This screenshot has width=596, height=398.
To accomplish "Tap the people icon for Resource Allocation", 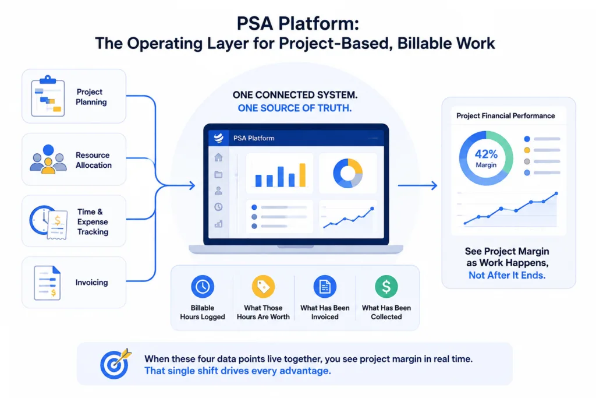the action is point(48,160).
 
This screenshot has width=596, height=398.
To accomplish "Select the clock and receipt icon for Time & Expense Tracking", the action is point(49,223).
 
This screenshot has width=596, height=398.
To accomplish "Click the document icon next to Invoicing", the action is point(47,283).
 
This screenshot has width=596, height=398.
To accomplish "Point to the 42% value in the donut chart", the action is point(486,154).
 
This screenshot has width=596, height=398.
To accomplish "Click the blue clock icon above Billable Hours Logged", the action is point(202,287).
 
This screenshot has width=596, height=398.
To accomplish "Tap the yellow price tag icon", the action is point(263,287).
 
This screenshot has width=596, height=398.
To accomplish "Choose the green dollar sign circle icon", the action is point(386,287).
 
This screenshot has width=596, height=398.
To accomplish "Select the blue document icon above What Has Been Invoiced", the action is point(325,287).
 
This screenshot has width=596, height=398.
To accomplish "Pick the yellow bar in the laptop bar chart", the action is point(303,175).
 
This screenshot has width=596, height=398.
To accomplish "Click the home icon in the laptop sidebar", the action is point(218,157).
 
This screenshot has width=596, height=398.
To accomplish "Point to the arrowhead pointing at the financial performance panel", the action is point(433,186).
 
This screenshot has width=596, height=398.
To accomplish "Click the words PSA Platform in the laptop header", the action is point(254,138).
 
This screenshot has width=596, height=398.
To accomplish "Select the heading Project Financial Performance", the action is point(506,116).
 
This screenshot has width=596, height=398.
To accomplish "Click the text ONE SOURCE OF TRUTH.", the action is point(295,108).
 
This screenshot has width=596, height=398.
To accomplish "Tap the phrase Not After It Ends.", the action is point(507,275).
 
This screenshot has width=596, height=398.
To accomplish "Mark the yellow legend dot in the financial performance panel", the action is point(527,150).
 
